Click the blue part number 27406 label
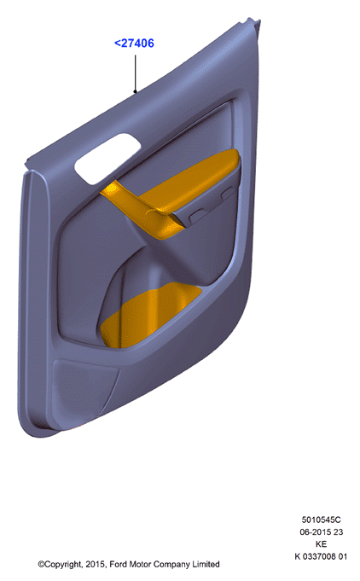(x=134, y=44)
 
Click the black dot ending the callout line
(x=135, y=91)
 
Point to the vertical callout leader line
(x=135, y=73)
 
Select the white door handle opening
(x=107, y=158)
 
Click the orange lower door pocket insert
(x=148, y=315)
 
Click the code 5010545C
(x=321, y=520)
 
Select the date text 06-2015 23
(x=321, y=532)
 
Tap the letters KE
(x=321, y=544)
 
